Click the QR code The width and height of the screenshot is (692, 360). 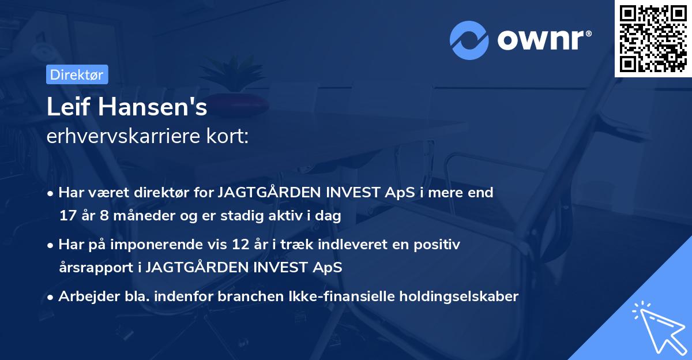click(653, 39)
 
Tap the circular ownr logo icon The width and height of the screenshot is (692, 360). click(469, 40)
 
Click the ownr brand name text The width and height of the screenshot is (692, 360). click(543, 39)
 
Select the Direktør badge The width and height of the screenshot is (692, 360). click(77, 74)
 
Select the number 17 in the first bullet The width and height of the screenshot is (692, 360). click(67, 216)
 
